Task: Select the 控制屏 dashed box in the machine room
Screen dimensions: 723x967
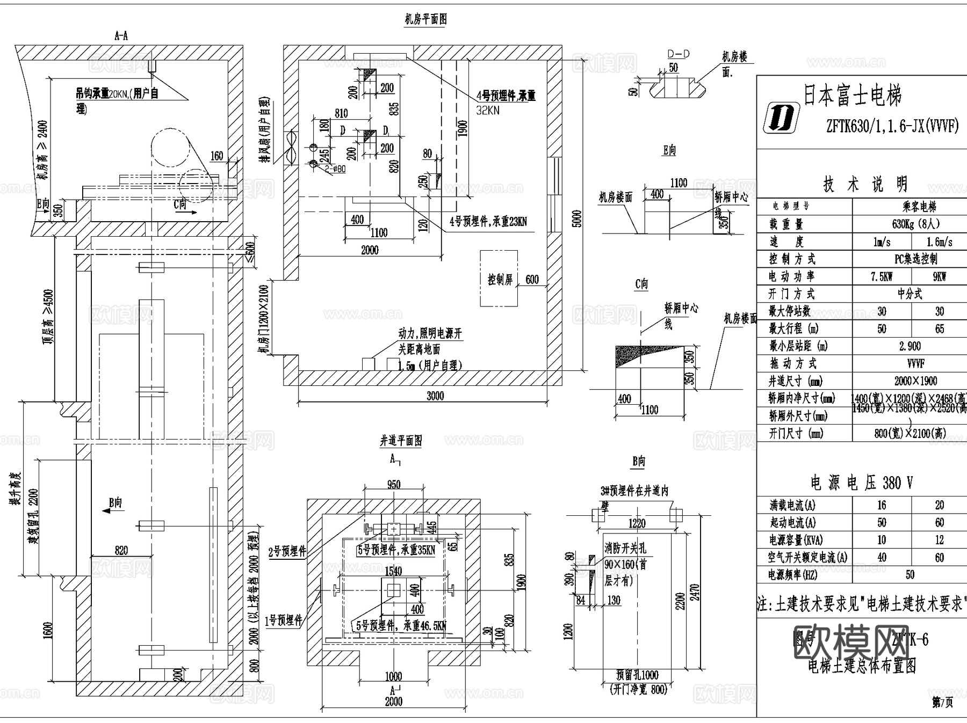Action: click(x=499, y=279)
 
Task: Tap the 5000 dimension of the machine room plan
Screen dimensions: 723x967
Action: click(x=576, y=218)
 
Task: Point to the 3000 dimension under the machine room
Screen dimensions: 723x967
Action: click(x=435, y=396)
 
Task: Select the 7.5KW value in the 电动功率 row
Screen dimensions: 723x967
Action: click(x=882, y=276)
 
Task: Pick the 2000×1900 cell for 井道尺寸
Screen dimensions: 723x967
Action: click(x=915, y=381)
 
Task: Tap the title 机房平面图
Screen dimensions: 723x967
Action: click(x=425, y=20)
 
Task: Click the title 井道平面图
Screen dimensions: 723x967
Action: click(x=401, y=441)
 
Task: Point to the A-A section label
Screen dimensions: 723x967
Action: click(x=121, y=36)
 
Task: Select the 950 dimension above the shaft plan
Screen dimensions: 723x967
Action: click(x=394, y=484)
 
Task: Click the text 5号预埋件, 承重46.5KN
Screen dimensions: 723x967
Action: click(x=401, y=626)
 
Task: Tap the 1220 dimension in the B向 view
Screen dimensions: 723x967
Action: click(x=637, y=523)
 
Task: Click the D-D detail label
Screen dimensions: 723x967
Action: click(x=679, y=54)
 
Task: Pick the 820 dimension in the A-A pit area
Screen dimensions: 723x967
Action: click(x=121, y=550)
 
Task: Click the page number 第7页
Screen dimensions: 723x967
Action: click(x=942, y=703)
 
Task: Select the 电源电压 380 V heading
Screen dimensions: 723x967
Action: click(x=861, y=483)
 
